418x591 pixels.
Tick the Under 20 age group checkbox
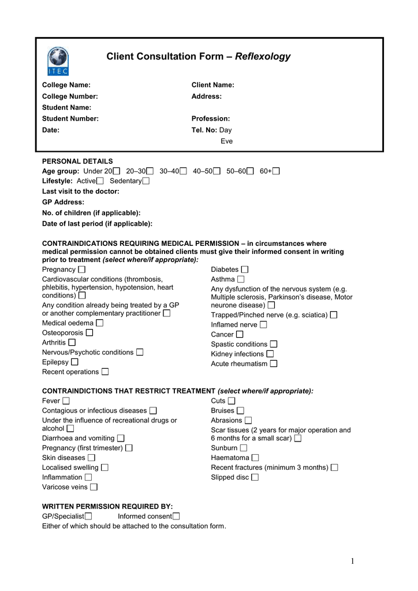(x=117, y=171)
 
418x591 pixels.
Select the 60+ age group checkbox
(x=276, y=171)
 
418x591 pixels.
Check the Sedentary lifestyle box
(x=145, y=181)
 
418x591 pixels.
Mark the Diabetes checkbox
(x=245, y=270)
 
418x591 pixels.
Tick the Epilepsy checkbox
(x=74, y=362)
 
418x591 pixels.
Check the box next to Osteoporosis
(x=89, y=332)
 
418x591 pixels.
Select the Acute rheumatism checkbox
(x=274, y=364)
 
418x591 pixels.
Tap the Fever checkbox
(x=66, y=401)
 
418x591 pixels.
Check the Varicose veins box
(x=94, y=487)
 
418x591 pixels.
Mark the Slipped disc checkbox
(x=255, y=477)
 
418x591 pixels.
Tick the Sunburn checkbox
(x=244, y=448)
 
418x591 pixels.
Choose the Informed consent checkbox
(x=176, y=516)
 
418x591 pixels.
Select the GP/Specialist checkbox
(x=88, y=516)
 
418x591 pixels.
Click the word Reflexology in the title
(x=263, y=57)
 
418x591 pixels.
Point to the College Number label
(x=70, y=96)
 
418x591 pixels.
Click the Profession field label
(x=211, y=118)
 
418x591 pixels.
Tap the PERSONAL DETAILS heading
(x=77, y=161)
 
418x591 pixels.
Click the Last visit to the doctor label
(x=81, y=191)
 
